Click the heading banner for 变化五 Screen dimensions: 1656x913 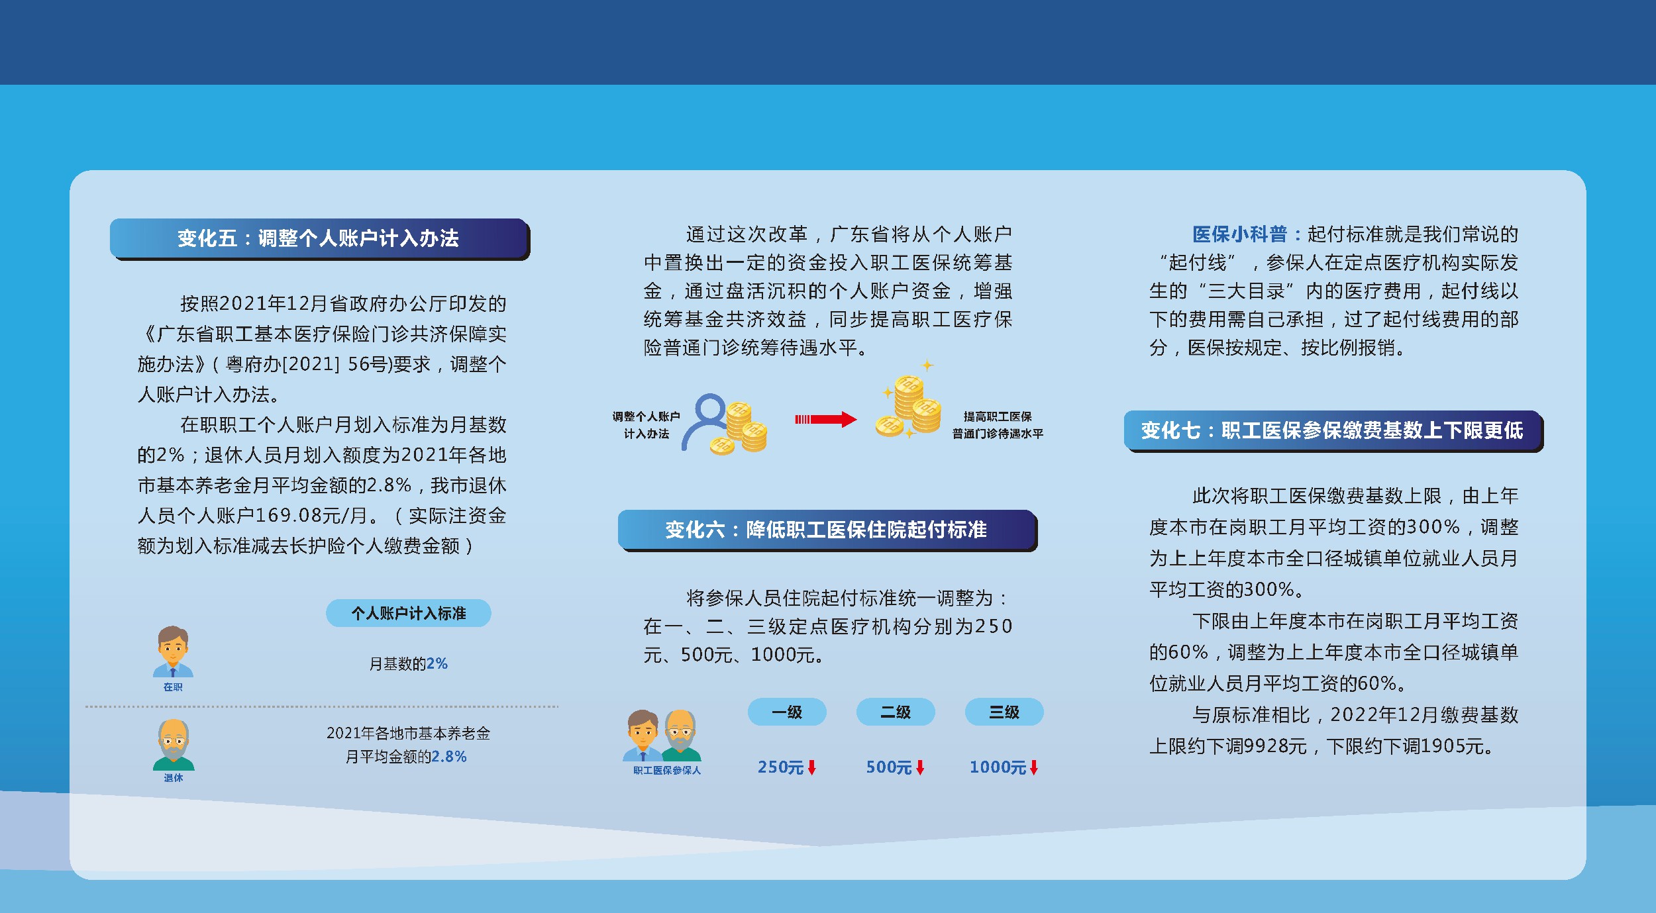319,239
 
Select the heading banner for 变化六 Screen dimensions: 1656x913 827,530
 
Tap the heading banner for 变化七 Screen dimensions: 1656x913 1333,431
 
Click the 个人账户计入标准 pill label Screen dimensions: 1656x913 409,613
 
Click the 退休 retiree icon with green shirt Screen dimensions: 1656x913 174,745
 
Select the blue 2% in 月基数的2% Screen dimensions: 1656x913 437,663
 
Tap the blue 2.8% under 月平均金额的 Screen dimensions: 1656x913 449,756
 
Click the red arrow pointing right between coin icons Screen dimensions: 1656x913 825,419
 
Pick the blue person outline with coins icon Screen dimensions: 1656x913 724,424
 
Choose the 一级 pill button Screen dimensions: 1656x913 787,712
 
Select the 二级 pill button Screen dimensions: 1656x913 896,712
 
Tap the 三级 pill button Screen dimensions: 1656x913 1004,712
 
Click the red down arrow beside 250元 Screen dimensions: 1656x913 811,767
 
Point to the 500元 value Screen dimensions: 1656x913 889,767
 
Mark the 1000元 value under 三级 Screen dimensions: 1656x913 998,767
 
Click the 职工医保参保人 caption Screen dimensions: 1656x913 666,770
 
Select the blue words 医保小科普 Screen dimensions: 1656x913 1239,234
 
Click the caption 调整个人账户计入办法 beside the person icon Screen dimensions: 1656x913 646,425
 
